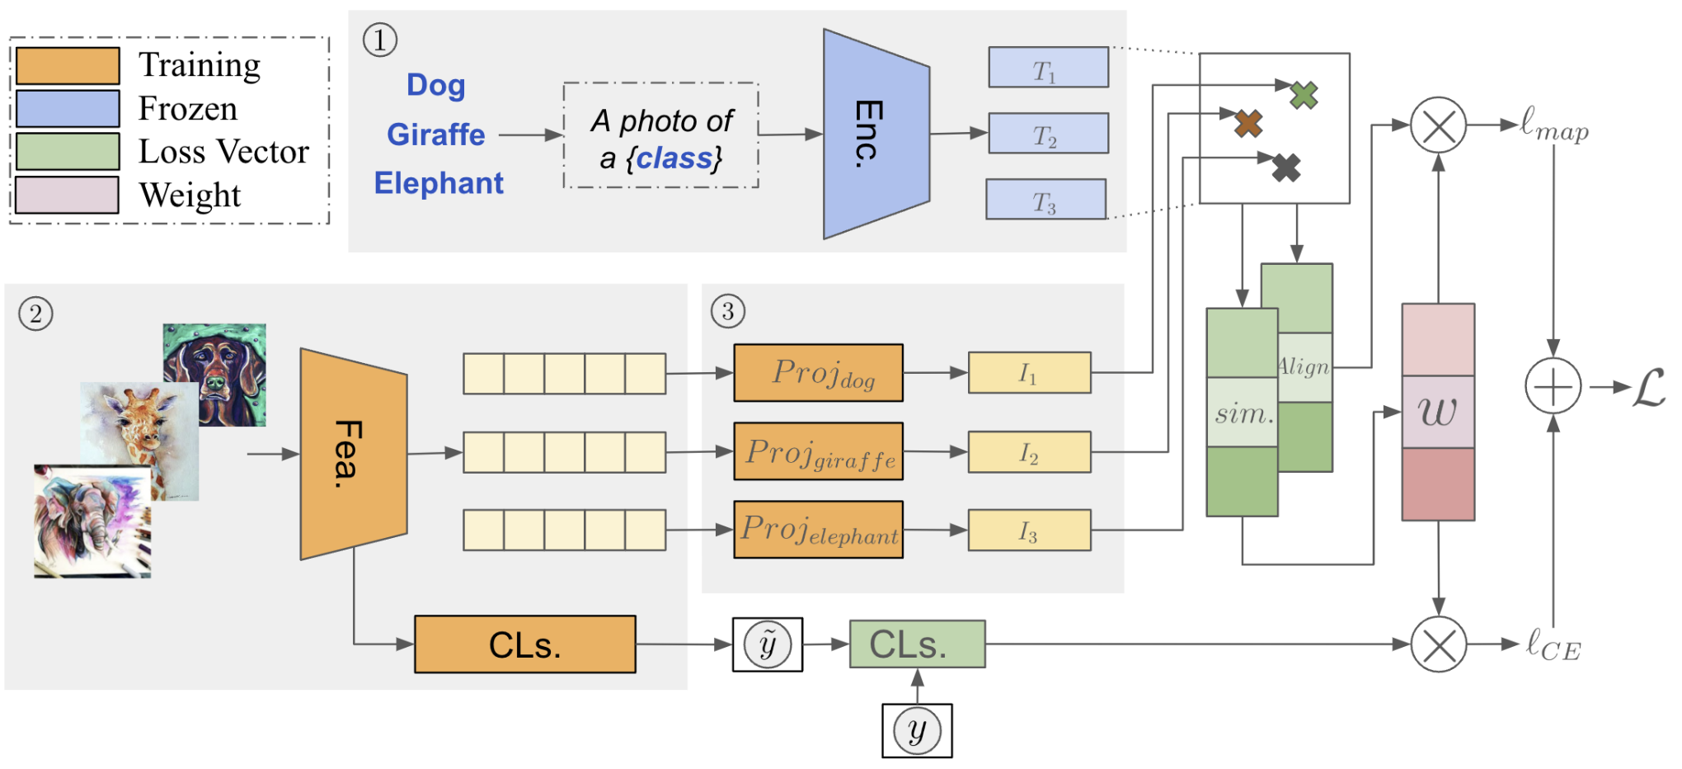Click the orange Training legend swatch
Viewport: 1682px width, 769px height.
pos(68,66)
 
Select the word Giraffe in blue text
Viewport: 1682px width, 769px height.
pos(435,134)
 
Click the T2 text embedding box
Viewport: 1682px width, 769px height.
pos(1048,134)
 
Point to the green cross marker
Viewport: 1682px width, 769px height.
pos(1304,95)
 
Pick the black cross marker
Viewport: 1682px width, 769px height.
pos(1285,168)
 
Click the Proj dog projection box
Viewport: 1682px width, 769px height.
pos(818,373)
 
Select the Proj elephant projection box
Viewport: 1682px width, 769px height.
pos(818,530)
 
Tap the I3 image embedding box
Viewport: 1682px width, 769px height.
pos(1029,531)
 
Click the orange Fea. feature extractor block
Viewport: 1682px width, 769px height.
pos(353,454)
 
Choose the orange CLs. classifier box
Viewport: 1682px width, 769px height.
pos(524,644)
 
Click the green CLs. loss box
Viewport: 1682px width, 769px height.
pos(917,644)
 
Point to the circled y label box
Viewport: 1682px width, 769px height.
pos(917,731)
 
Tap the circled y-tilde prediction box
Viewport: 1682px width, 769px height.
pos(768,644)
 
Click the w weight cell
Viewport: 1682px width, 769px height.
pos(1438,412)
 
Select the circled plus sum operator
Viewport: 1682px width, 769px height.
pos(1553,386)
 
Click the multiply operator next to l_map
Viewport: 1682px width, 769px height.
pos(1438,125)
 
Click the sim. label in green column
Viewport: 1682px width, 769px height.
pos(1243,413)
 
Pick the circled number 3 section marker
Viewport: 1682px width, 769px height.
pos(727,311)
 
